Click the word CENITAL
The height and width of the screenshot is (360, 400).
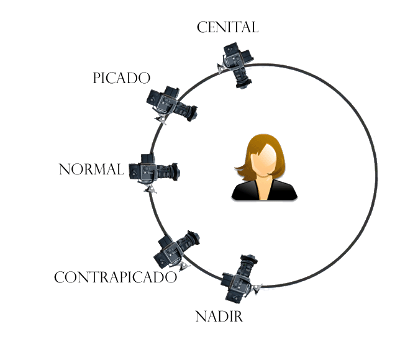click(227, 27)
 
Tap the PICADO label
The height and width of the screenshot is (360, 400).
click(122, 78)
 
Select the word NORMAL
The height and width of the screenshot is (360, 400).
click(91, 169)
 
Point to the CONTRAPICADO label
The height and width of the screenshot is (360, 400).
click(116, 277)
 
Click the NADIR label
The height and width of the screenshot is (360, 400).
click(219, 317)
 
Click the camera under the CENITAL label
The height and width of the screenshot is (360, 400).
click(237, 63)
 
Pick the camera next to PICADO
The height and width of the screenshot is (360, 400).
click(171, 105)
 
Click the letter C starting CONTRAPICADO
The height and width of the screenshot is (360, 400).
click(60, 278)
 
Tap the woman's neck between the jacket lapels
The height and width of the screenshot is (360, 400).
click(265, 186)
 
